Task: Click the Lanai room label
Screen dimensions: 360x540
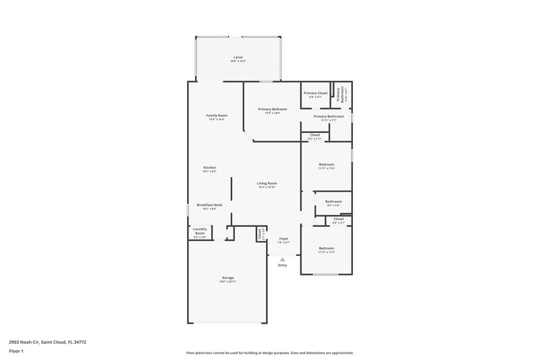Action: pyautogui.click(x=238, y=57)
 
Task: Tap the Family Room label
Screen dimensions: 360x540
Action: pyautogui.click(x=217, y=115)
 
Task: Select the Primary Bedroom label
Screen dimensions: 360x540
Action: pyautogui.click(x=273, y=109)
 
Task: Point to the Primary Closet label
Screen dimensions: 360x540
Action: pyautogui.click(x=315, y=93)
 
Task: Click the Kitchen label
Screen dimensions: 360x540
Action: pyautogui.click(x=210, y=168)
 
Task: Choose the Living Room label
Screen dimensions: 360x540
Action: pyautogui.click(x=267, y=183)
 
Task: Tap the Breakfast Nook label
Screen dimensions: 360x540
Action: pyautogui.click(x=210, y=205)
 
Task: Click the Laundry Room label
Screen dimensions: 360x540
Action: pyautogui.click(x=200, y=231)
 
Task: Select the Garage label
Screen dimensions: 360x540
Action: pyautogui.click(x=228, y=278)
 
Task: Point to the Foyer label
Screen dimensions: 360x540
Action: pyautogui.click(x=284, y=239)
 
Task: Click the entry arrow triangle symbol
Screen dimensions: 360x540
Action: pyautogui.click(x=282, y=258)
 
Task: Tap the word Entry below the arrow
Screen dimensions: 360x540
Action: pyautogui.click(x=282, y=265)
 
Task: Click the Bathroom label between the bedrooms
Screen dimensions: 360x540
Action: pyautogui.click(x=333, y=201)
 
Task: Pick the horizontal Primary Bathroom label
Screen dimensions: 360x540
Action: pyautogui.click(x=329, y=116)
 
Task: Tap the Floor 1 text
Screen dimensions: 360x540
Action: pyautogui.click(x=17, y=352)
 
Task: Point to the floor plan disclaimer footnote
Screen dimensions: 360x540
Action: pyautogui.click(x=269, y=353)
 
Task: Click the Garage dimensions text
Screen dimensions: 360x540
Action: pyautogui.click(x=228, y=282)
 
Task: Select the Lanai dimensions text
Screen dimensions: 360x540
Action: pyautogui.click(x=238, y=61)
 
